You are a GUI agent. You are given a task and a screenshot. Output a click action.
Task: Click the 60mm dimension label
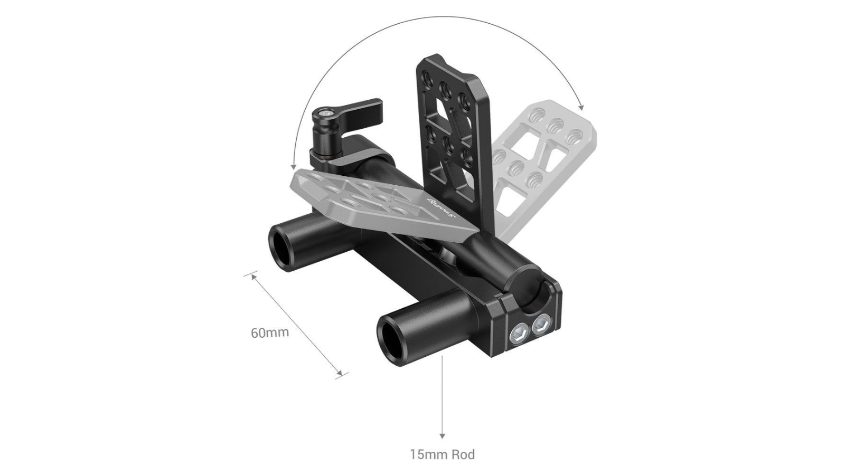tap(270, 333)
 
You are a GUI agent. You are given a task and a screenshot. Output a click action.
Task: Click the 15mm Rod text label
tap(442, 454)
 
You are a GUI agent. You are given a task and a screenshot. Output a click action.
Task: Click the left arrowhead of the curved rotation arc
tap(293, 167)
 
